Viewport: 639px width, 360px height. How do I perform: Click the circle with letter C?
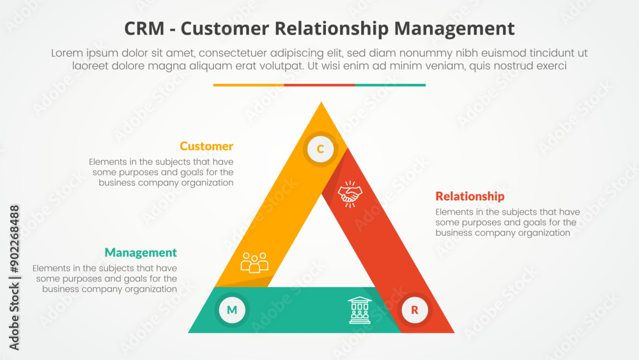pos(320,150)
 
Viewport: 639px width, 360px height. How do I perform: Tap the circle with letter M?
pos(232,310)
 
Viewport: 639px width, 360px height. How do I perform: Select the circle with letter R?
pos(415,311)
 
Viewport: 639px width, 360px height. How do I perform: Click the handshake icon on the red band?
pos(349,194)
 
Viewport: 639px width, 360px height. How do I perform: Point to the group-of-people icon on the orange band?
pos(254,263)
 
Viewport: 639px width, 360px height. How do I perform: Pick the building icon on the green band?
pos(359,309)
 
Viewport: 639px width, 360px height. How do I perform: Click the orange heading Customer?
pos(206,146)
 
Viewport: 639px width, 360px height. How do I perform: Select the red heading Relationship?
pos(470,196)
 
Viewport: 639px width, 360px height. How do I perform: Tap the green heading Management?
pos(141,253)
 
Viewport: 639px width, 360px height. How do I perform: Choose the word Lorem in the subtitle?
pos(68,53)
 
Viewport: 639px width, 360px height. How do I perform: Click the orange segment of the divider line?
pos(249,85)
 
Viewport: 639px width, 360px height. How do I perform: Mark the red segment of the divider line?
pos(319,85)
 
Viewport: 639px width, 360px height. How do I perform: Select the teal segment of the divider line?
pos(390,85)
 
